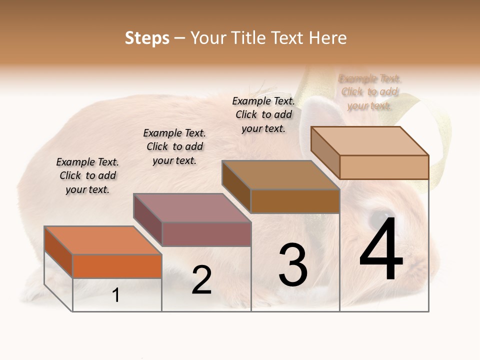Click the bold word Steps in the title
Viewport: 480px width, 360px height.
coord(146,38)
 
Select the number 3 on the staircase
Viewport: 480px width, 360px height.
coord(292,265)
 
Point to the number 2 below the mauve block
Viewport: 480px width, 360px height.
coord(201,280)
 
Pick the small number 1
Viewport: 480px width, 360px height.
coord(115,295)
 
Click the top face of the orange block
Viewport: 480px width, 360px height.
coord(102,240)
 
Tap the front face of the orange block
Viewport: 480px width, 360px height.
coord(117,266)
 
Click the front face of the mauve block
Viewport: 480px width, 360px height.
coord(206,234)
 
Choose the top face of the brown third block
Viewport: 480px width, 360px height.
coord(280,175)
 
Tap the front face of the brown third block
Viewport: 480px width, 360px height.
coord(295,201)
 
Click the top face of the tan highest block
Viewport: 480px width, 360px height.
coord(369,141)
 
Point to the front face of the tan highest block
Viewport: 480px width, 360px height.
coord(384,167)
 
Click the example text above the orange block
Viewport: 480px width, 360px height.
coord(87,175)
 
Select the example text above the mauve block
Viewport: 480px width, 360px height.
coord(174,146)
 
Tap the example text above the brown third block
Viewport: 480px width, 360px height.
coord(263,114)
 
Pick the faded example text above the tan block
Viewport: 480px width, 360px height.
coord(370,92)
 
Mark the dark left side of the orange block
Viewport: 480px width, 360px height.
coord(58,251)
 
